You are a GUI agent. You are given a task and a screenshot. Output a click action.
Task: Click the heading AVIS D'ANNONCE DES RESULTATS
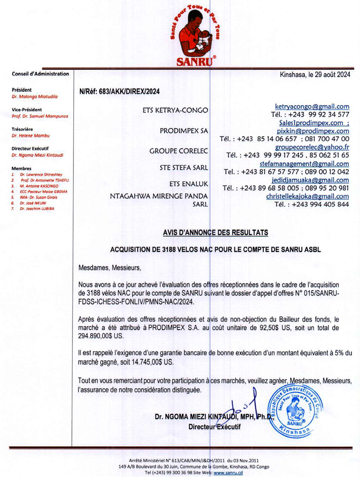pos(215,232)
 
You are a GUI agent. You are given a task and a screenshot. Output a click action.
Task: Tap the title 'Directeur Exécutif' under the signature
pos(214,427)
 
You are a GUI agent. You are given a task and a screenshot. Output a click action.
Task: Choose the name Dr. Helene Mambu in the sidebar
pos(31,136)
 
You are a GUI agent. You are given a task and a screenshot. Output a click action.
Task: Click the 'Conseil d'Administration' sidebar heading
pos(41,74)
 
